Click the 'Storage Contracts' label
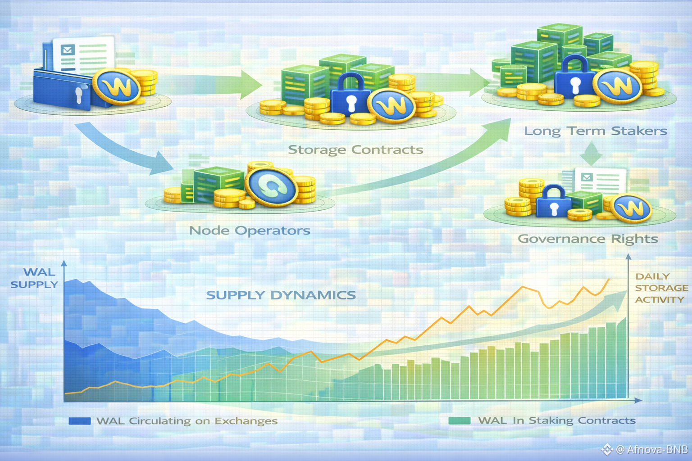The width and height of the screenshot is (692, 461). [355, 149]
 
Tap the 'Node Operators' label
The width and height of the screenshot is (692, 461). [250, 230]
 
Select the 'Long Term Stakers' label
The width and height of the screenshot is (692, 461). [595, 131]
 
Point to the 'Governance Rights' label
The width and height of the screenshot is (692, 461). [587, 239]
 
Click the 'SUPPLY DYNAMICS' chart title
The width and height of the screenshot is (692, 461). [281, 295]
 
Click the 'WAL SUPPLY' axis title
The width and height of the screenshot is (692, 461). [35, 278]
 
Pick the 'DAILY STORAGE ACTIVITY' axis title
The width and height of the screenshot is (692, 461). [661, 288]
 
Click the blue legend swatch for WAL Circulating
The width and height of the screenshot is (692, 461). [80, 421]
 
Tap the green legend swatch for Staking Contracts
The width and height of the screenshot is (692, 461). [460, 420]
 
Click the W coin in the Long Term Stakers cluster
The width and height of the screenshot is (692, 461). [618, 86]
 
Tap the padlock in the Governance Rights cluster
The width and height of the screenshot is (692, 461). [554, 201]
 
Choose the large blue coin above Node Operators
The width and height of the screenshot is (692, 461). [271, 186]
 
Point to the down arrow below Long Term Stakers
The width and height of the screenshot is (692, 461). [591, 154]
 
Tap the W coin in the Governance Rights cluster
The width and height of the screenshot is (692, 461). [633, 208]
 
